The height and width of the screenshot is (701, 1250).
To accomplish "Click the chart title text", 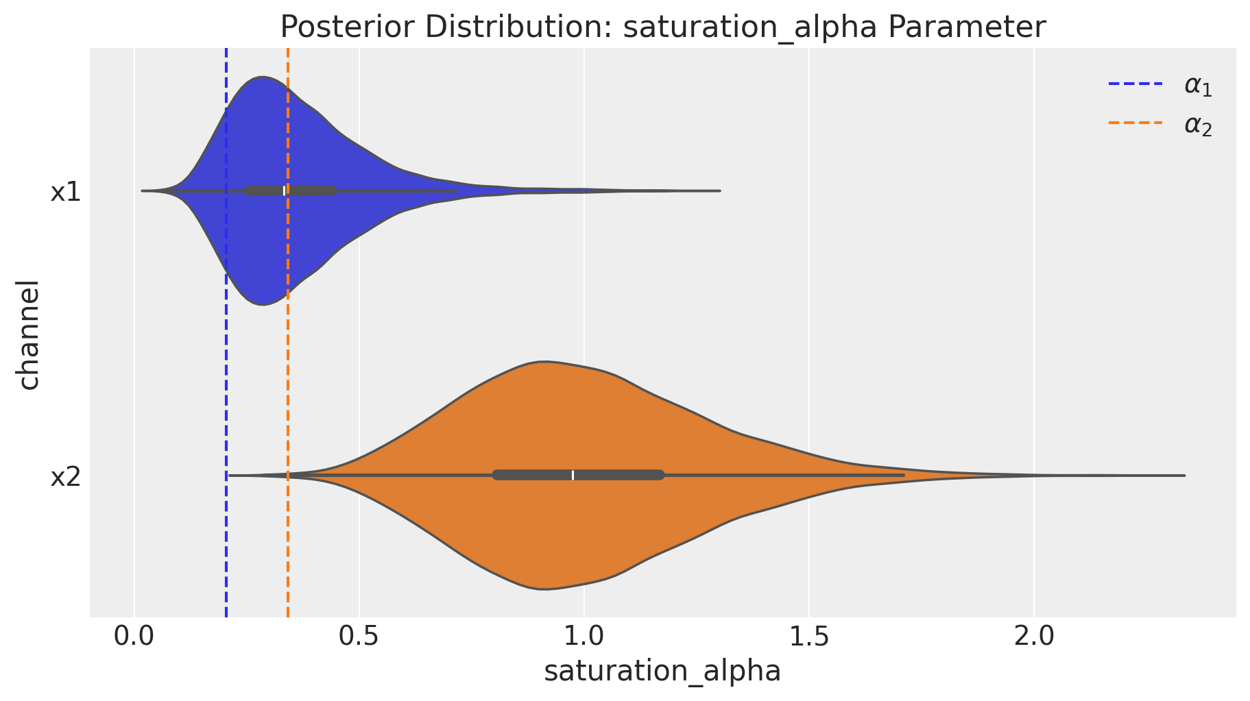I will tap(662, 27).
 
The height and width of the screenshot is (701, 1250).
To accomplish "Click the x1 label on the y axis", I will tap(66, 193).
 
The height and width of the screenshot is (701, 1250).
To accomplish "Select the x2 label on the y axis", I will tap(66, 477).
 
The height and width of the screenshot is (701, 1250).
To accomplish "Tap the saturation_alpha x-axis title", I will tap(662, 672).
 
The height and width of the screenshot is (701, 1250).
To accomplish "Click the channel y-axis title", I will tap(29, 334).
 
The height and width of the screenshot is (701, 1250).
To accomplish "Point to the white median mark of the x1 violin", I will tap(284, 190).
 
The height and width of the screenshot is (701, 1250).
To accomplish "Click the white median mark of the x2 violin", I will tap(573, 475).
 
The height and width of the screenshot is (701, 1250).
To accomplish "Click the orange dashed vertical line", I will tap(288, 384).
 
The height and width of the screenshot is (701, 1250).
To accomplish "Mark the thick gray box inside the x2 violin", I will tap(617, 475).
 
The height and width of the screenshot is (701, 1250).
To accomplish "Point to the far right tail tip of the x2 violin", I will tap(1183, 475).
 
